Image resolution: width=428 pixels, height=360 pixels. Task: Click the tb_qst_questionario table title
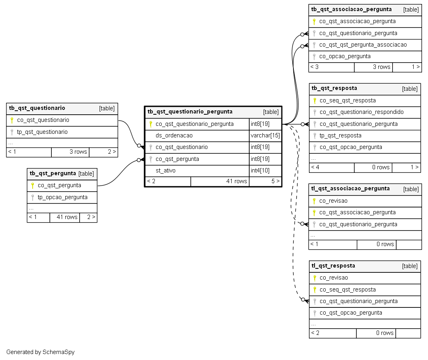click(x=37, y=108)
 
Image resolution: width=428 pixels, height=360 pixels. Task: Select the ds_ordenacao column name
click(x=174, y=136)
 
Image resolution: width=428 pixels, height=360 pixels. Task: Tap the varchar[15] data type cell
click(x=265, y=136)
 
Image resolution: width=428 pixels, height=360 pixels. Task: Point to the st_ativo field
click(x=166, y=170)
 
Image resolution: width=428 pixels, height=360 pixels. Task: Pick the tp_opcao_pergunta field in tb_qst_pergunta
click(x=63, y=198)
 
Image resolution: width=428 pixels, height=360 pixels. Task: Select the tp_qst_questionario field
click(x=42, y=132)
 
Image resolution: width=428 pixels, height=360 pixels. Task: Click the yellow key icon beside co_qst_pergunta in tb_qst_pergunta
click(x=33, y=186)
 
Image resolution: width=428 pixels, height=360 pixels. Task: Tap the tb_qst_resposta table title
click(x=334, y=88)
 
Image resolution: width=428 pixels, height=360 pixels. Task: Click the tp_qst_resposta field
click(x=340, y=136)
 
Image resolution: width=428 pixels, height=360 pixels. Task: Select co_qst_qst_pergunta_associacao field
click(x=363, y=45)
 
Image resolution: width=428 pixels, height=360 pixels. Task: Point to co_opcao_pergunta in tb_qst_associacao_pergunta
click(x=345, y=57)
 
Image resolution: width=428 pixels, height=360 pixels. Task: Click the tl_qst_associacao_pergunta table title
click(x=350, y=189)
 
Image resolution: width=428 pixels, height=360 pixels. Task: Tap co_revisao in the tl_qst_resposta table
click(x=334, y=278)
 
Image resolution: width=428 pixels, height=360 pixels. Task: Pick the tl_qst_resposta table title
click(x=333, y=266)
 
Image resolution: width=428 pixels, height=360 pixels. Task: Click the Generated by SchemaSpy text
click(x=40, y=352)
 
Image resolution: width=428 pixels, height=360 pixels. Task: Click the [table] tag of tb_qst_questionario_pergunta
click(x=271, y=112)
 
